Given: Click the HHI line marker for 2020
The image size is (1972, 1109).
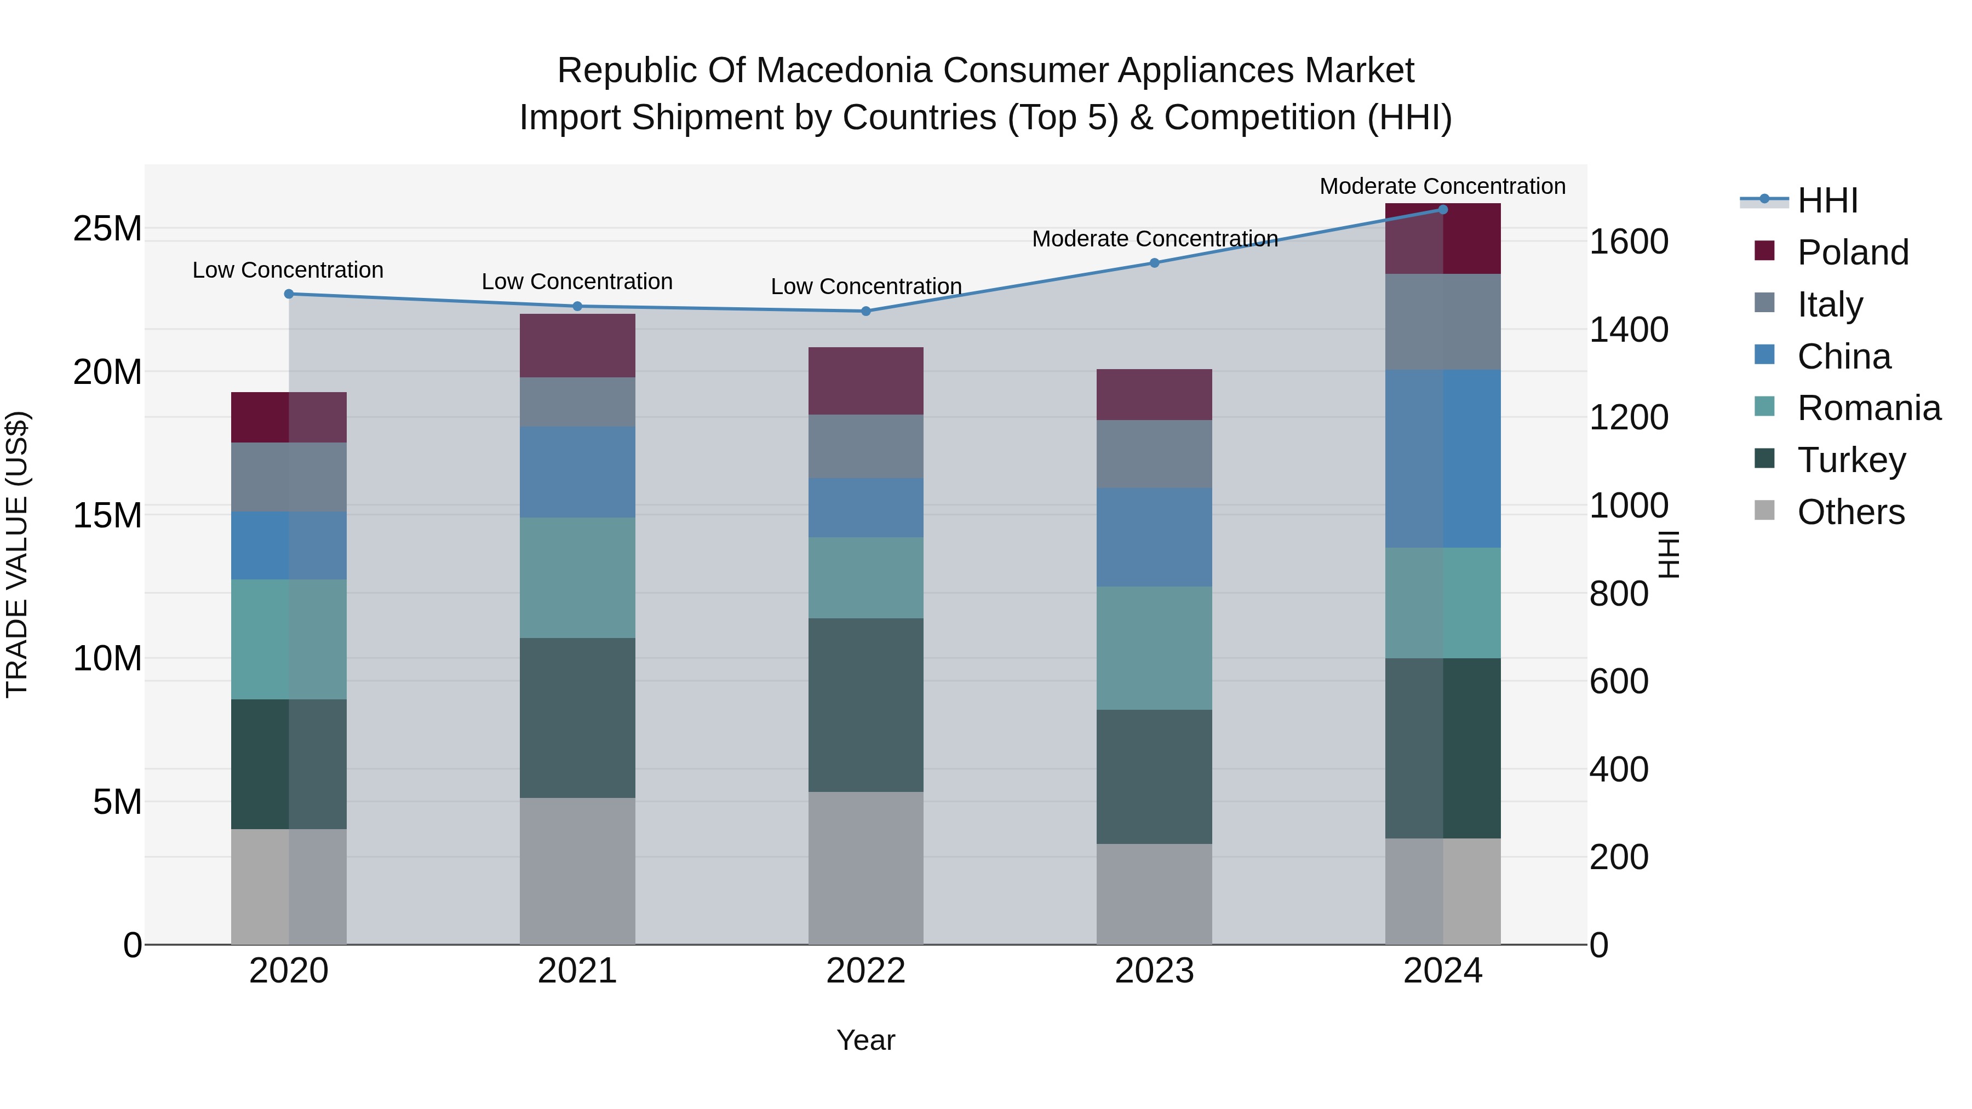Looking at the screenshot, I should coord(289,294).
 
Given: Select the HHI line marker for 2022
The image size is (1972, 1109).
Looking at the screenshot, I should coord(866,311).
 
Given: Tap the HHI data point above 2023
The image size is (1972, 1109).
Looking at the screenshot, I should coord(1154,262).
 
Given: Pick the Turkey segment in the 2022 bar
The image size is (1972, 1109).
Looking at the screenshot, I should coord(866,704).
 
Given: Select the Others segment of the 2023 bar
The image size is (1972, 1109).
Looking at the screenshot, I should coord(1154,893).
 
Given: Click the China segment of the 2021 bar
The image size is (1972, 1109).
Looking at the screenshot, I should coord(577,472).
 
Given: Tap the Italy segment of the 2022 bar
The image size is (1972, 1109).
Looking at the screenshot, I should coord(866,446).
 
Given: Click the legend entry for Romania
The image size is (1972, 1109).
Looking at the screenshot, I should coord(1868,408).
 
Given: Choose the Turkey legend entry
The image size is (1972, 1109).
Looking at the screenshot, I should coord(1851,460).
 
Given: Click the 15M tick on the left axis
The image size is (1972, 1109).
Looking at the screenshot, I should coord(107,515).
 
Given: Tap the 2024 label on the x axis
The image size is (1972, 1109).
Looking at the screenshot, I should coord(1442,971).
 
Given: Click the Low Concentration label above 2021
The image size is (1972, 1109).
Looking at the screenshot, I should coord(577,281).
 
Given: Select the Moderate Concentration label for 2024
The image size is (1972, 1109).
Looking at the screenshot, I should coord(1442,186).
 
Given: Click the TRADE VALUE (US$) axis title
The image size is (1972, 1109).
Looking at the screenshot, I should coord(17,554).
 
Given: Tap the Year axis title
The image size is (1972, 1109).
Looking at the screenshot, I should coord(866,1040).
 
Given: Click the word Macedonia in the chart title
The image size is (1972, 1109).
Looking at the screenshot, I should coord(836,71).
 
